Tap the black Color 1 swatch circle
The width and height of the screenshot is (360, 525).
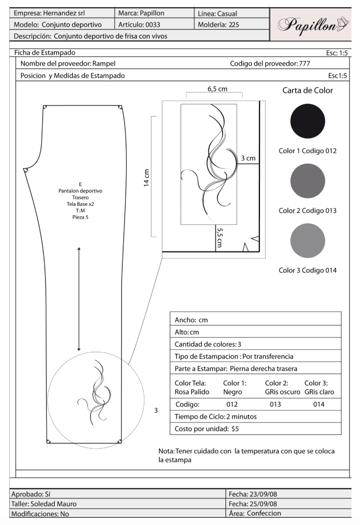308,121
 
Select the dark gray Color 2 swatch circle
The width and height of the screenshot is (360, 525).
308,181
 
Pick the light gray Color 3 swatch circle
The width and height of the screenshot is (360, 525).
308,241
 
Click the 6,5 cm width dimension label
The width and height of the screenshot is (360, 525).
217,89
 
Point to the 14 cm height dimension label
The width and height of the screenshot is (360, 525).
147,177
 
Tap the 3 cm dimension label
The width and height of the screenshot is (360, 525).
248,158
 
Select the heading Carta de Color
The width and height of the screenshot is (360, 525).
308,90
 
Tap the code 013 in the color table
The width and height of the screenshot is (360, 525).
275,404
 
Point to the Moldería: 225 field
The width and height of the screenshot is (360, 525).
218,24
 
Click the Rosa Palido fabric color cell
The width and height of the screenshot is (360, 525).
191,392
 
